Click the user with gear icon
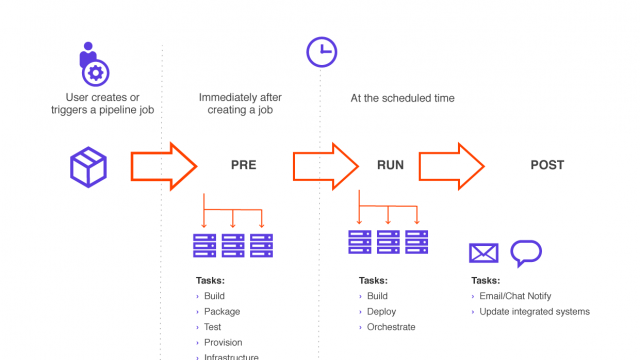pos(93,62)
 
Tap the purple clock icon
pos(320,52)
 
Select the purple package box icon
pos(87,165)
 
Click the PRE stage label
pos(243,165)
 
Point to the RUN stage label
pos(390,165)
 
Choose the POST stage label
pos(547,165)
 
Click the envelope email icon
pos(484,254)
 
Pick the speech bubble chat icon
pos(525,253)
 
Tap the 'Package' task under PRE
pos(221,311)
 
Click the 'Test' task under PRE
pos(213,327)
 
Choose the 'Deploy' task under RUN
pos(382,311)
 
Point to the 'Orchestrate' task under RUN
pos(391,327)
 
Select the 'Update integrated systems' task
pos(534,311)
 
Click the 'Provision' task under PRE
pos(223,342)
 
